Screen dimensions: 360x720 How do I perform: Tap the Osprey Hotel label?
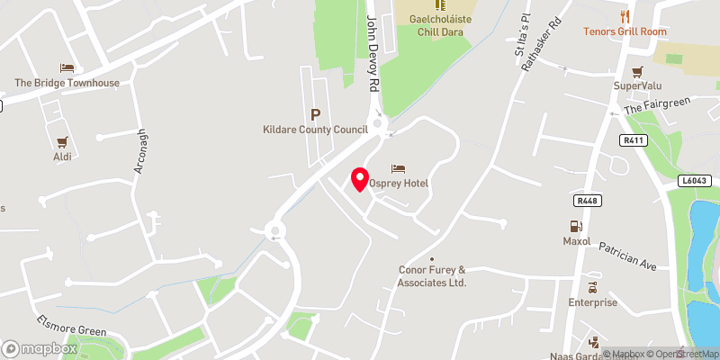click(398, 184)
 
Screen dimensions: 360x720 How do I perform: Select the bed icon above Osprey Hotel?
click(398, 169)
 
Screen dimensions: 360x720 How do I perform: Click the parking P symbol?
click(315, 114)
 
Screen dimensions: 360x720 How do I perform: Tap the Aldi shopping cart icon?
click(62, 142)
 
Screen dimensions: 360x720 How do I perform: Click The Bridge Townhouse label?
click(67, 83)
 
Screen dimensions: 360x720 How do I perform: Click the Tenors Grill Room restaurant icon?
click(625, 16)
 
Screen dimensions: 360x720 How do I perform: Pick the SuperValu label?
click(638, 85)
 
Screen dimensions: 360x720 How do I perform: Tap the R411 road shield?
click(634, 141)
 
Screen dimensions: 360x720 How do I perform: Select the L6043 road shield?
click(695, 182)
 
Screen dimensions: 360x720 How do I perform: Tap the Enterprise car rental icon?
click(592, 288)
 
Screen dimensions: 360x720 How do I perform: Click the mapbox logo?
click(40, 348)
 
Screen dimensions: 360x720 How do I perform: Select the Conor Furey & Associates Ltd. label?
click(432, 275)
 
